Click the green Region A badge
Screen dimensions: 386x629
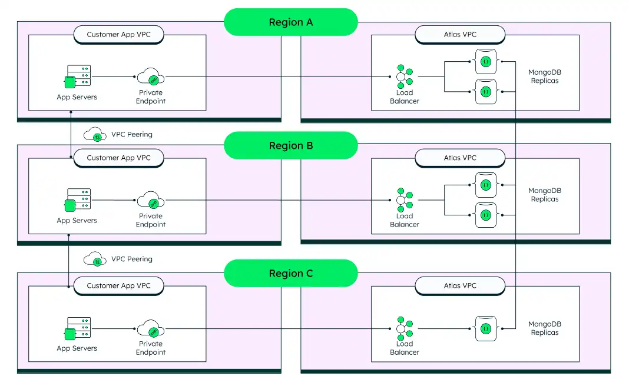tap(291, 22)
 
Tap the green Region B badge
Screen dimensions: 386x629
tap(291, 145)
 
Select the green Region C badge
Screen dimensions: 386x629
tap(291, 273)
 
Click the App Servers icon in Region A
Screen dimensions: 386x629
tap(77, 76)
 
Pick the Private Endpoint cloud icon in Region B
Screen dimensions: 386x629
tap(151, 200)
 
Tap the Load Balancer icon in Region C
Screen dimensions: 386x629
tap(404, 328)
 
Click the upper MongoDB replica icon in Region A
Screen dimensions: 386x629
tap(485, 61)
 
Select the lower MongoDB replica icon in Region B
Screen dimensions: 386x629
tap(485, 215)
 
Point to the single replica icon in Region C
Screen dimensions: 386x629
tap(485, 328)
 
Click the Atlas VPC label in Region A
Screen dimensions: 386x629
tap(460, 35)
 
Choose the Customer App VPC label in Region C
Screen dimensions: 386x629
tap(118, 286)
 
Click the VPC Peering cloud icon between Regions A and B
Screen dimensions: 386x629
tap(95, 135)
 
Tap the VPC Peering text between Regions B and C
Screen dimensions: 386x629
tap(132, 259)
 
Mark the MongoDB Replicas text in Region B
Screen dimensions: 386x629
tap(544, 195)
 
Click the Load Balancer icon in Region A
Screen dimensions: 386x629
tap(404, 76)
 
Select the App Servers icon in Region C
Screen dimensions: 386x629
tap(77, 328)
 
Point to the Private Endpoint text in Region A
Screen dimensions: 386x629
tap(151, 96)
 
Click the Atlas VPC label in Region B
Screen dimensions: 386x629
tap(460, 158)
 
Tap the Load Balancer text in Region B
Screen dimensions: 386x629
tap(405, 220)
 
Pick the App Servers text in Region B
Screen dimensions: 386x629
tap(77, 221)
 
